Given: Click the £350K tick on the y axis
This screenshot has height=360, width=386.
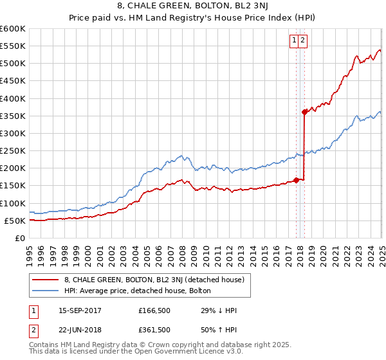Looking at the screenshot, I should (x=13, y=116).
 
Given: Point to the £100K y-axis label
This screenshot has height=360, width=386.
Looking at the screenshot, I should (x=13, y=203).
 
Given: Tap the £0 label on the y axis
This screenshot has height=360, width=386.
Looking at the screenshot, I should (x=21, y=238).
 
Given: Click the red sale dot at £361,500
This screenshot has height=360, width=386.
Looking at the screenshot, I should (x=304, y=112).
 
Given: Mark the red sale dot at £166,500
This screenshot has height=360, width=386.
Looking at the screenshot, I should (x=296, y=180).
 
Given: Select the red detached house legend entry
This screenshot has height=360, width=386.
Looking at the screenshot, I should (x=154, y=280).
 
